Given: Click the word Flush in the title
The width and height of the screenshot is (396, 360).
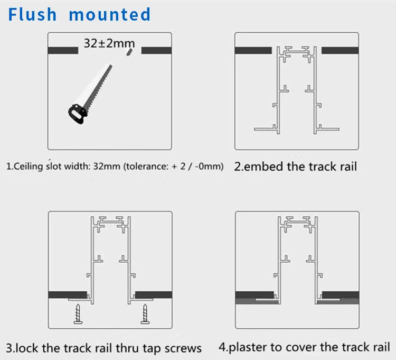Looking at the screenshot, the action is pyautogui.click(x=32, y=14).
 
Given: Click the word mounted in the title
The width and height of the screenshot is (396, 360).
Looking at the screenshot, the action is pyautogui.click(x=110, y=15).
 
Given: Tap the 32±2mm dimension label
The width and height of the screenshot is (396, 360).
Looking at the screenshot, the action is pyautogui.click(x=109, y=43).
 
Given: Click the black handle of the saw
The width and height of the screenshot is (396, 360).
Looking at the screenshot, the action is pyautogui.click(x=77, y=114).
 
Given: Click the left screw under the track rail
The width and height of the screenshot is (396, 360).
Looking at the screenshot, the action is pyautogui.click(x=78, y=313).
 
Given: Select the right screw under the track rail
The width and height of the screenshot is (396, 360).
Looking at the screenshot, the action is pyautogui.click(x=145, y=313).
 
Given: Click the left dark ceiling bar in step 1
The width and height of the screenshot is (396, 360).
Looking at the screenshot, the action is pyautogui.click(x=63, y=50).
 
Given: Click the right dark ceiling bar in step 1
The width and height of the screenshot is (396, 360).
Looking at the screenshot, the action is pyautogui.click(x=156, y=50).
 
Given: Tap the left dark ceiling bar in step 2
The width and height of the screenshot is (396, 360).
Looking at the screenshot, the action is pyautogui.click(x=253, y=50).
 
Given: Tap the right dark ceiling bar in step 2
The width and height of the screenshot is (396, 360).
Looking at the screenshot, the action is pyautogui.click(x=340, y=50).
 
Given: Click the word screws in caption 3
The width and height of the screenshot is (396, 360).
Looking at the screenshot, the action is pyautogui.click(x=183, y=348).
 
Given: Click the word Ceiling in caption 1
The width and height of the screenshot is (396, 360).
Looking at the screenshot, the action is pyautogui.click(x=29, y=167).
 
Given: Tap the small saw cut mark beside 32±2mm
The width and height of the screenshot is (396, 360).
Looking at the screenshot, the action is pyautogui.click(x=129, y=52).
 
